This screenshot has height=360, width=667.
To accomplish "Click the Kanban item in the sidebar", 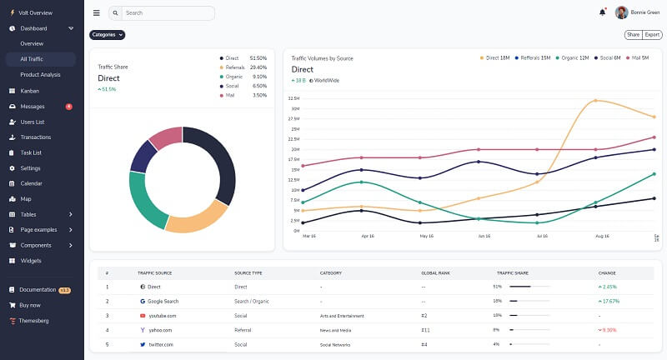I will point(30,90).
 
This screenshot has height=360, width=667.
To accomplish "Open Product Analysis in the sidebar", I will point(40,74).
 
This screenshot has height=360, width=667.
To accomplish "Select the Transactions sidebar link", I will point(36,137).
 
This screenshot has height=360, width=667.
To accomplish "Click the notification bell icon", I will point(602,12).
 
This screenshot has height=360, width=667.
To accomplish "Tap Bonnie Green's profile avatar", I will point(621,12).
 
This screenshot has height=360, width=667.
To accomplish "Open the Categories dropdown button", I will point(107,35).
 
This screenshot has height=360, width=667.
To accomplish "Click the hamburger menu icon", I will point(97,13).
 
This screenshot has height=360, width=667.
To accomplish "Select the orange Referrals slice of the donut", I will point(197,217).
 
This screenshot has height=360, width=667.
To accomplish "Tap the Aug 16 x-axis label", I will point(603,236).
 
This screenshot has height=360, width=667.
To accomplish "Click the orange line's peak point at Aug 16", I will point(595,101).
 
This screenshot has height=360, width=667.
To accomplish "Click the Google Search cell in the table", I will point(158,301).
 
